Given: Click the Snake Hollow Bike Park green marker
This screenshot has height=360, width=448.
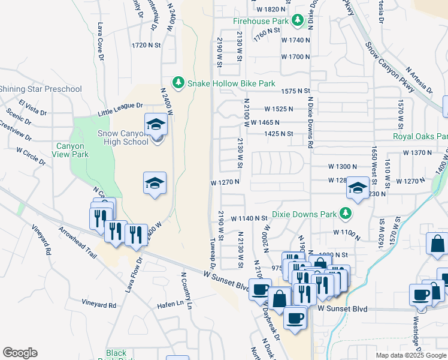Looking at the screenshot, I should [178, 82].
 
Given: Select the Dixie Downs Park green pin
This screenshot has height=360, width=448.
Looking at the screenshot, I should [346, 213].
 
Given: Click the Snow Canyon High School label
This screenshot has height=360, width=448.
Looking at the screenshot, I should [122, 137].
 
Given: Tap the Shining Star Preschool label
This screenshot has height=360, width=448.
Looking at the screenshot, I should [41, 89].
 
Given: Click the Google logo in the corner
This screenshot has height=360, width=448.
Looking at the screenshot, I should [20, 353].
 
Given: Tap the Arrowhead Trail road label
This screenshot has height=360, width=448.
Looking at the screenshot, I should [78, 242].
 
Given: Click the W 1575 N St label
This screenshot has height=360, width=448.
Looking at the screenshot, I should [295, 91].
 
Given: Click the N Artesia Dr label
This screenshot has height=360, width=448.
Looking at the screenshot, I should [419, 80].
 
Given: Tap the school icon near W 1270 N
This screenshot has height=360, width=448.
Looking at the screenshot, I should [358, 189].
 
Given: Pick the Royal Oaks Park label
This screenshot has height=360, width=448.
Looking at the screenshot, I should [420, 136].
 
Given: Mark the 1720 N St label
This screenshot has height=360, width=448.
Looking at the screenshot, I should [146, 45].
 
